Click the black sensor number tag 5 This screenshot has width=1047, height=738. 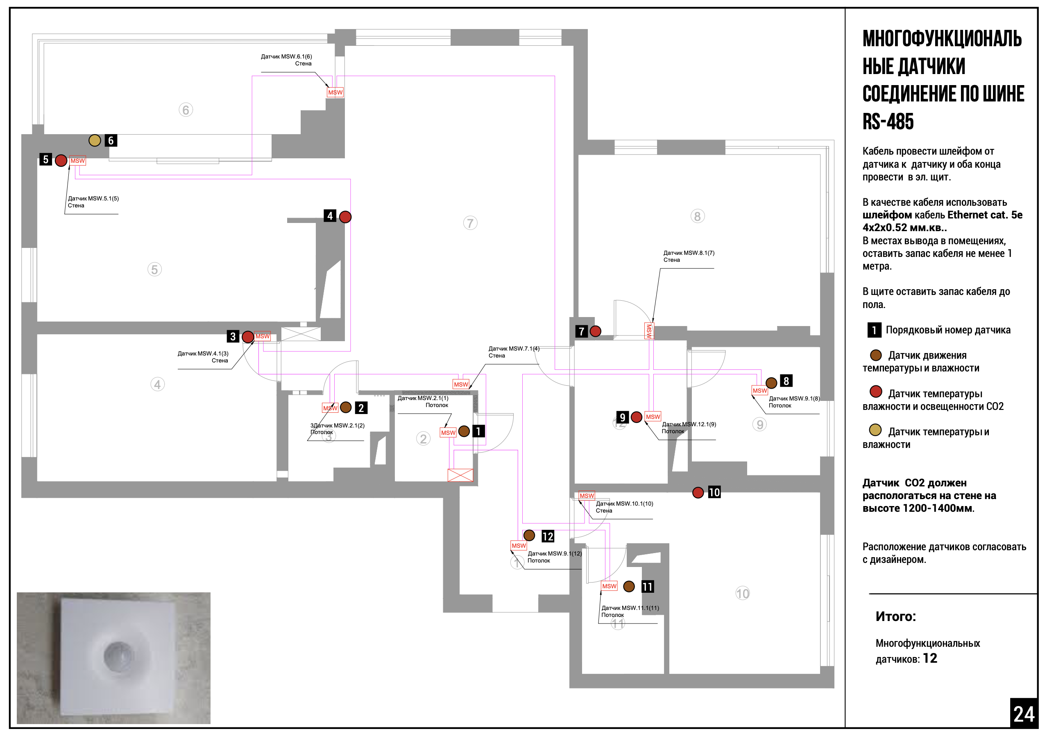click(45, 160)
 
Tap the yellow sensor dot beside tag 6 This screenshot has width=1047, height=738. click(95, 140)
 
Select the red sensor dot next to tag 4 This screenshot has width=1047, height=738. click(345, 217)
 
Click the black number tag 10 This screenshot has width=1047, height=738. click(714, 492)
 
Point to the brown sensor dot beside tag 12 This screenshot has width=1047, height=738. click(529, 535)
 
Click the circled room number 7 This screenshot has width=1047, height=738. click(470, 223)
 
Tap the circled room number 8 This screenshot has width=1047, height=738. click(697, 216)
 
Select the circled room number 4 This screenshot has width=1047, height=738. click(157, 384)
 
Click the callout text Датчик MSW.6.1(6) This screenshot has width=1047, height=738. click(286, 56)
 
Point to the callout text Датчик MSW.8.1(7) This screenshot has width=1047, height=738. click(689, 253)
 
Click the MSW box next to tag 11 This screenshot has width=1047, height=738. click(609, 586)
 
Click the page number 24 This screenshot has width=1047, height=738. click(1024, 714)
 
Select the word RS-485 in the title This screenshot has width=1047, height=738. click(888, 122)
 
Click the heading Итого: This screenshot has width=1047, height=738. click(895, 616)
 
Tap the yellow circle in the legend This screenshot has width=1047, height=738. click(875, 430)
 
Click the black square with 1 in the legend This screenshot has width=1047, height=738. click(874, 330)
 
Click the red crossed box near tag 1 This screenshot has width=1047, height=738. click(460, 475)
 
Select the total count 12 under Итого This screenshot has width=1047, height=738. click(930, 658)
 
